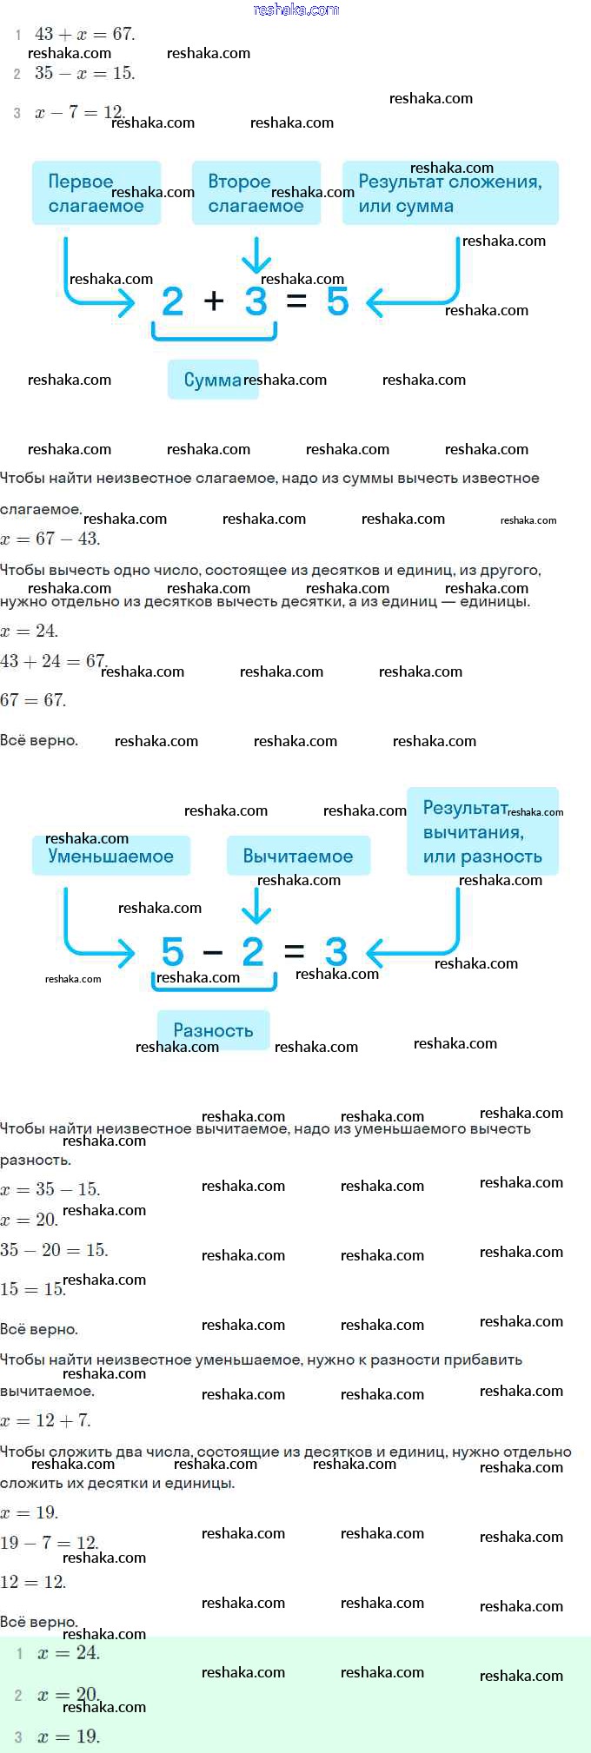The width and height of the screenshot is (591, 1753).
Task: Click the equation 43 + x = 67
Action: coord(84,34)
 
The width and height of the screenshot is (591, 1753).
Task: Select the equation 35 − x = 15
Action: coord(84,73)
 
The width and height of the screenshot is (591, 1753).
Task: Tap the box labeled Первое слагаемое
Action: coord(96,193)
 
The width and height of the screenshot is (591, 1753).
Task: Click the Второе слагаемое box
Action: coord(256,193)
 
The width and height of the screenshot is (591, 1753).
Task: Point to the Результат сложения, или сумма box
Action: coord(450,193)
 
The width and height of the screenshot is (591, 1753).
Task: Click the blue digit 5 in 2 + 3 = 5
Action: coord(338,301)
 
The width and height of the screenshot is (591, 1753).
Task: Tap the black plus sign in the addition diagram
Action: coord(214,301)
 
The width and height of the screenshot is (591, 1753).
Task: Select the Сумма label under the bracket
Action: coord(213,380)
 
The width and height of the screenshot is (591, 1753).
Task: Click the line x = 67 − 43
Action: coord(50,539)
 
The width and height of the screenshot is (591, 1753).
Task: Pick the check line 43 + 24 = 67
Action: coord(53,661)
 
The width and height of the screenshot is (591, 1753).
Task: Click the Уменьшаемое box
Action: coord(111,856)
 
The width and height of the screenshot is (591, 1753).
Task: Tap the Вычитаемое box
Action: coord(298,856)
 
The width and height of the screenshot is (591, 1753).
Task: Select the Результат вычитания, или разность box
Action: coord(482,831)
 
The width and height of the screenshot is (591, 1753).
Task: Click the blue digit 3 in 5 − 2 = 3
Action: coord(336,951)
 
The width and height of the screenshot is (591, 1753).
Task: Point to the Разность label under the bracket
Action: coord(213,1030)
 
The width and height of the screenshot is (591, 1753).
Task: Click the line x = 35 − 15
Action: coord(50,1189)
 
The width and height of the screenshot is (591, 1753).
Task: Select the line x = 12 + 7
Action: coord(45,1420)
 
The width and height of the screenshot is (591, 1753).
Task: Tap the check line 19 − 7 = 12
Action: coord(50,1543)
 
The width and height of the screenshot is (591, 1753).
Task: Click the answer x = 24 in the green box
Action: coord(69,1653)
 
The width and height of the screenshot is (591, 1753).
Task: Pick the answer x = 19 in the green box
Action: coord(69,1736)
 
